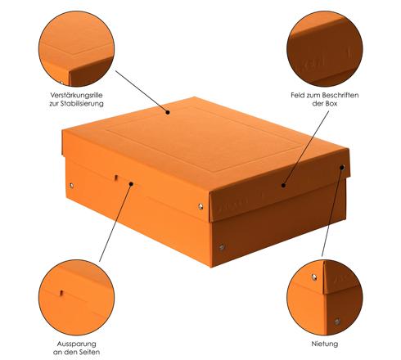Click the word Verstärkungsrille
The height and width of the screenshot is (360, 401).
(x=76, y=95)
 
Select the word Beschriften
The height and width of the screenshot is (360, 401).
(x=340, y=95)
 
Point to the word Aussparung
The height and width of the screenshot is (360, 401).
(x=76, y=344)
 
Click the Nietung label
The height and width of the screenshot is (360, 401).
(x=325, y=344)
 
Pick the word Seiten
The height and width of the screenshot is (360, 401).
(x=88, y=352)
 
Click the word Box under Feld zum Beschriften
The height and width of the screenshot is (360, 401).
(x=331, y=104)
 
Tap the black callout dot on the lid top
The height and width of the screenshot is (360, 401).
(x=168, y=112)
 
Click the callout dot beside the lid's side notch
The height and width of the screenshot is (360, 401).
(x=131, y=184)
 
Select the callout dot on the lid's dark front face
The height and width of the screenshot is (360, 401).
(x=283, y=186)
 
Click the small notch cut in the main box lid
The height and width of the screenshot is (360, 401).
(x=116, y=178)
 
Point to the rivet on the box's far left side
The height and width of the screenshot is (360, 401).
(x=71, y=186)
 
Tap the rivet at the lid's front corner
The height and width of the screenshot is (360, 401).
(x=200, y=206)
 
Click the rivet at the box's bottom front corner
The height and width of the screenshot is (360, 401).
(x=222, y=247)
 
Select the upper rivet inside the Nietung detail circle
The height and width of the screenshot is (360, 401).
(x=314, y=277)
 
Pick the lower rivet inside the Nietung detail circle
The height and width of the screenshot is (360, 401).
(x=337, y=322)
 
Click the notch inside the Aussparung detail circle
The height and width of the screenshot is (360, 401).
(x=61, y=293)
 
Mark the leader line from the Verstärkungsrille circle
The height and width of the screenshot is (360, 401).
(x=142, y=92)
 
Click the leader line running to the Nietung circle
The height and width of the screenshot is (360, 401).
(x=332, y=212)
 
